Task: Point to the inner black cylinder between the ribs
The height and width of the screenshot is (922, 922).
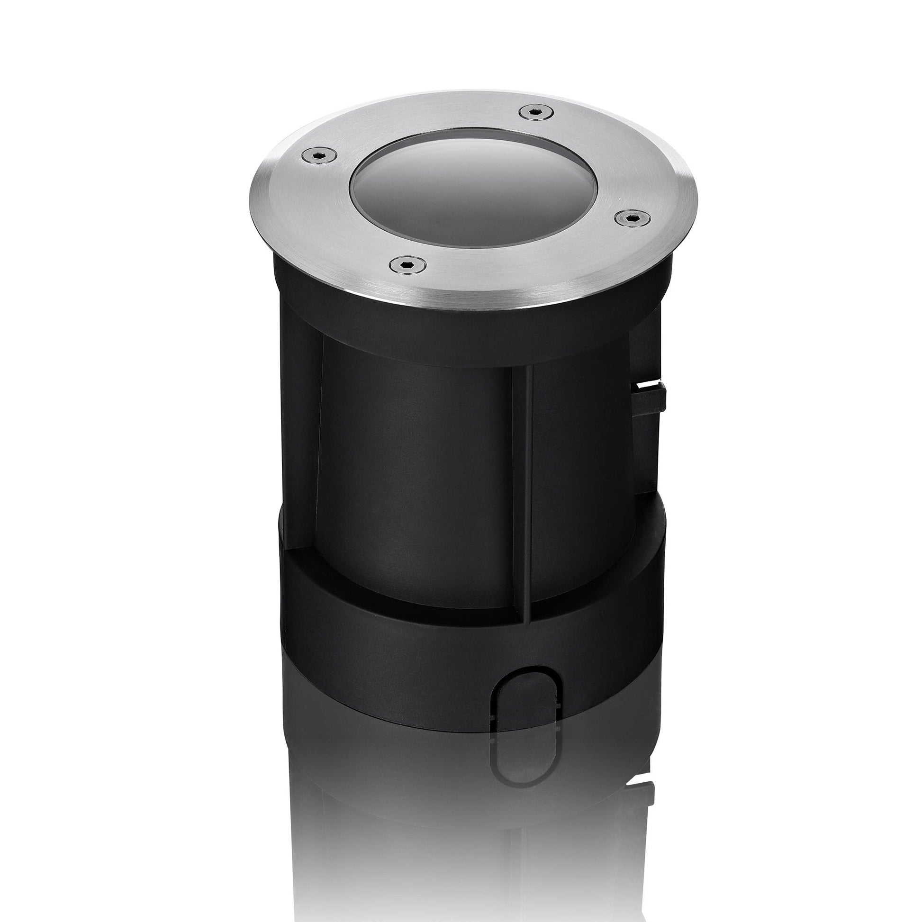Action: tap(420, 477)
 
